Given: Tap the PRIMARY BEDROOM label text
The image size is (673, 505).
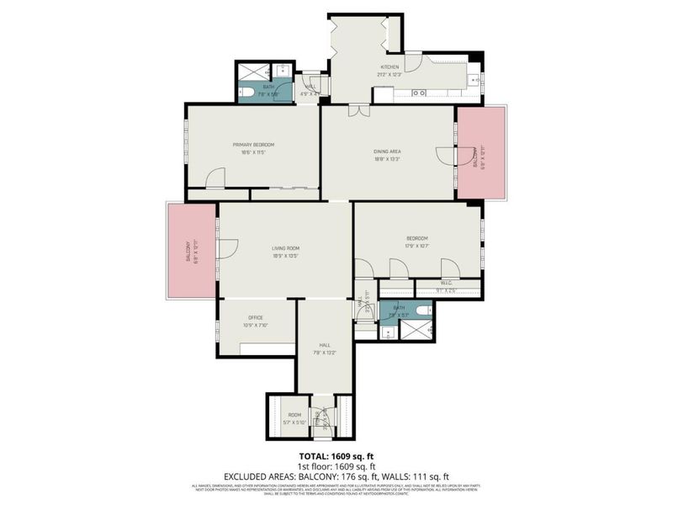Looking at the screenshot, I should pos(253,145).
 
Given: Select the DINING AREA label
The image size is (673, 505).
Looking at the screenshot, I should pos(387,151).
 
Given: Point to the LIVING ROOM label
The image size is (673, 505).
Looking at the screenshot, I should pos(285,247).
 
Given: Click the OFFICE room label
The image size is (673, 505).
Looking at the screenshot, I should pos(256,317).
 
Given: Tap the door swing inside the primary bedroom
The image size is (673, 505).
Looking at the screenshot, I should pos(217,177).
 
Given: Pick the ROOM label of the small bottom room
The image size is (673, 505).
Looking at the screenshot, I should pos(294,415).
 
